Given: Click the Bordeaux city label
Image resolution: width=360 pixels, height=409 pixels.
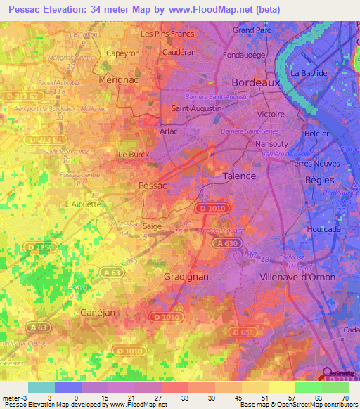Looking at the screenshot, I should pos(255,82).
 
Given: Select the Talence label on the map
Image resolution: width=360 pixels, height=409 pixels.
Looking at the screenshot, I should pos(239,177).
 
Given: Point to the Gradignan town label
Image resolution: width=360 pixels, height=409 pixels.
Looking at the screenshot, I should pos(186,277).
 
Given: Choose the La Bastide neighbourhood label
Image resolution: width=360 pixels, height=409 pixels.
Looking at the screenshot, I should pos(310,73).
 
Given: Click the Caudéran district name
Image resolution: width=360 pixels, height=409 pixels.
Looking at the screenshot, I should pos(179,53).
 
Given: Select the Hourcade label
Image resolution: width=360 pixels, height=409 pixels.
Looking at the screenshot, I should pos(324,229).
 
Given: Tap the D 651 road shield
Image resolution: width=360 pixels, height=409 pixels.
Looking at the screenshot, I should pos(242,332).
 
